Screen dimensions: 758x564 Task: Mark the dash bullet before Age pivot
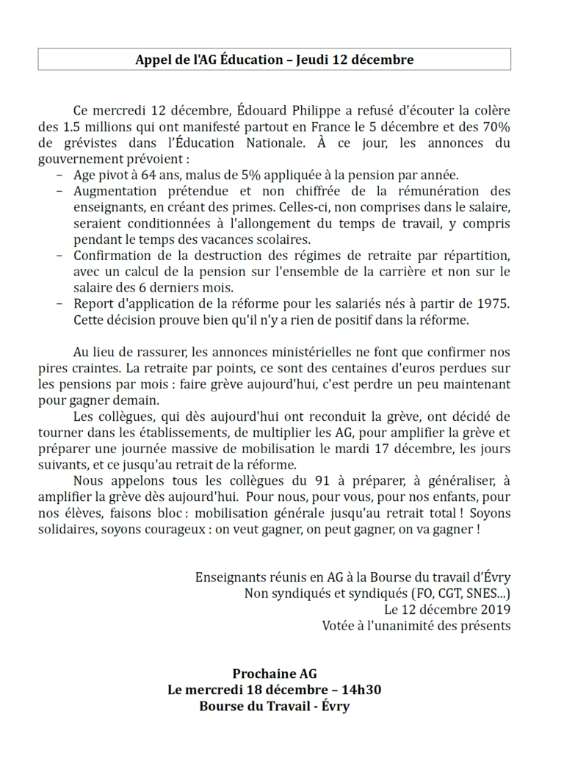pyautogui.click(x=60, y=175)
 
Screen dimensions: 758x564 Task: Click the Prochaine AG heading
pyautogui.click(x=274, y=674)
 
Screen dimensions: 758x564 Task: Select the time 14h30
pyautogui.click(x=361, y=690)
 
